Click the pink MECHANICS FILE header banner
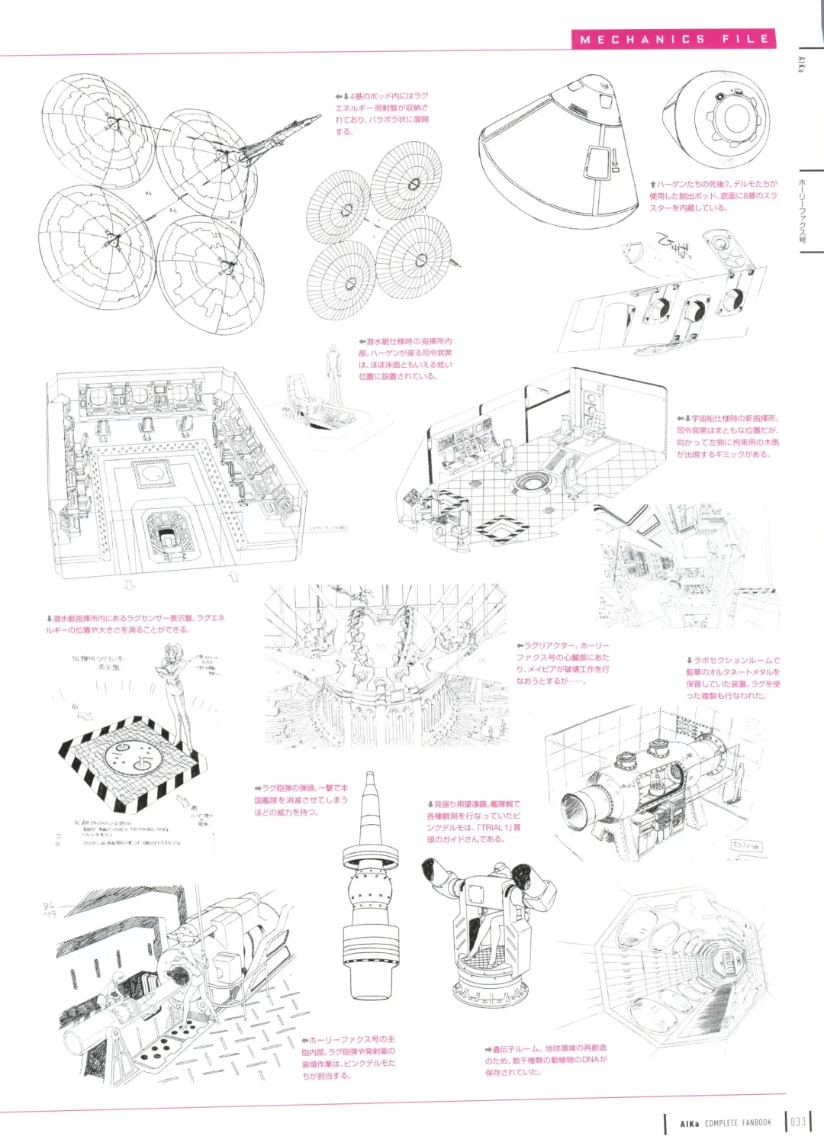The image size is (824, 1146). click(x=673, y=39)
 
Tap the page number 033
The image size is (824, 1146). click(x=798, y=1122)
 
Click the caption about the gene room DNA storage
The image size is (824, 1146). click(x=546, y=1061)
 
